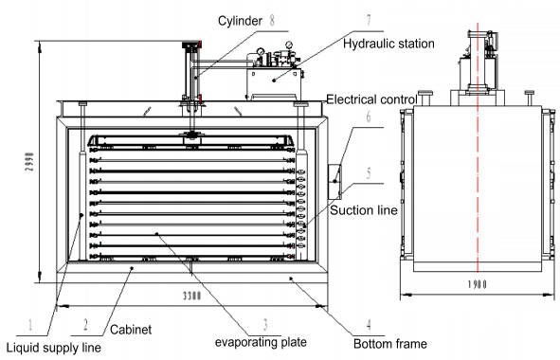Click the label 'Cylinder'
tap(240, 21)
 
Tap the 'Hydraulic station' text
tap(388, 44)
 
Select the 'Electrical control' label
tap(371, 99)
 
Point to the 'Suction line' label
tap(364, 210)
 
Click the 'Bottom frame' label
tap(390, 344)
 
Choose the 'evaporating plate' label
tap(261, 342)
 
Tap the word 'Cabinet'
tap(131, 330)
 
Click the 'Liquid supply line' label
tap(54, 348)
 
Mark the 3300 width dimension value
tap(192, 296)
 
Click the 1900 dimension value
tap(478, 284)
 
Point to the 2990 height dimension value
tap(30, 161)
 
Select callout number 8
tap(272, 20)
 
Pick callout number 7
tap(369, 21)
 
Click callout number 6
tap(369, 117)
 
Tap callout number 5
tap(369, 172)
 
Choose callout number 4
tap(369, 324)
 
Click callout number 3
tap(265, 324)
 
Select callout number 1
tap(30, 324)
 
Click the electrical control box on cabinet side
tap(334, 182)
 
